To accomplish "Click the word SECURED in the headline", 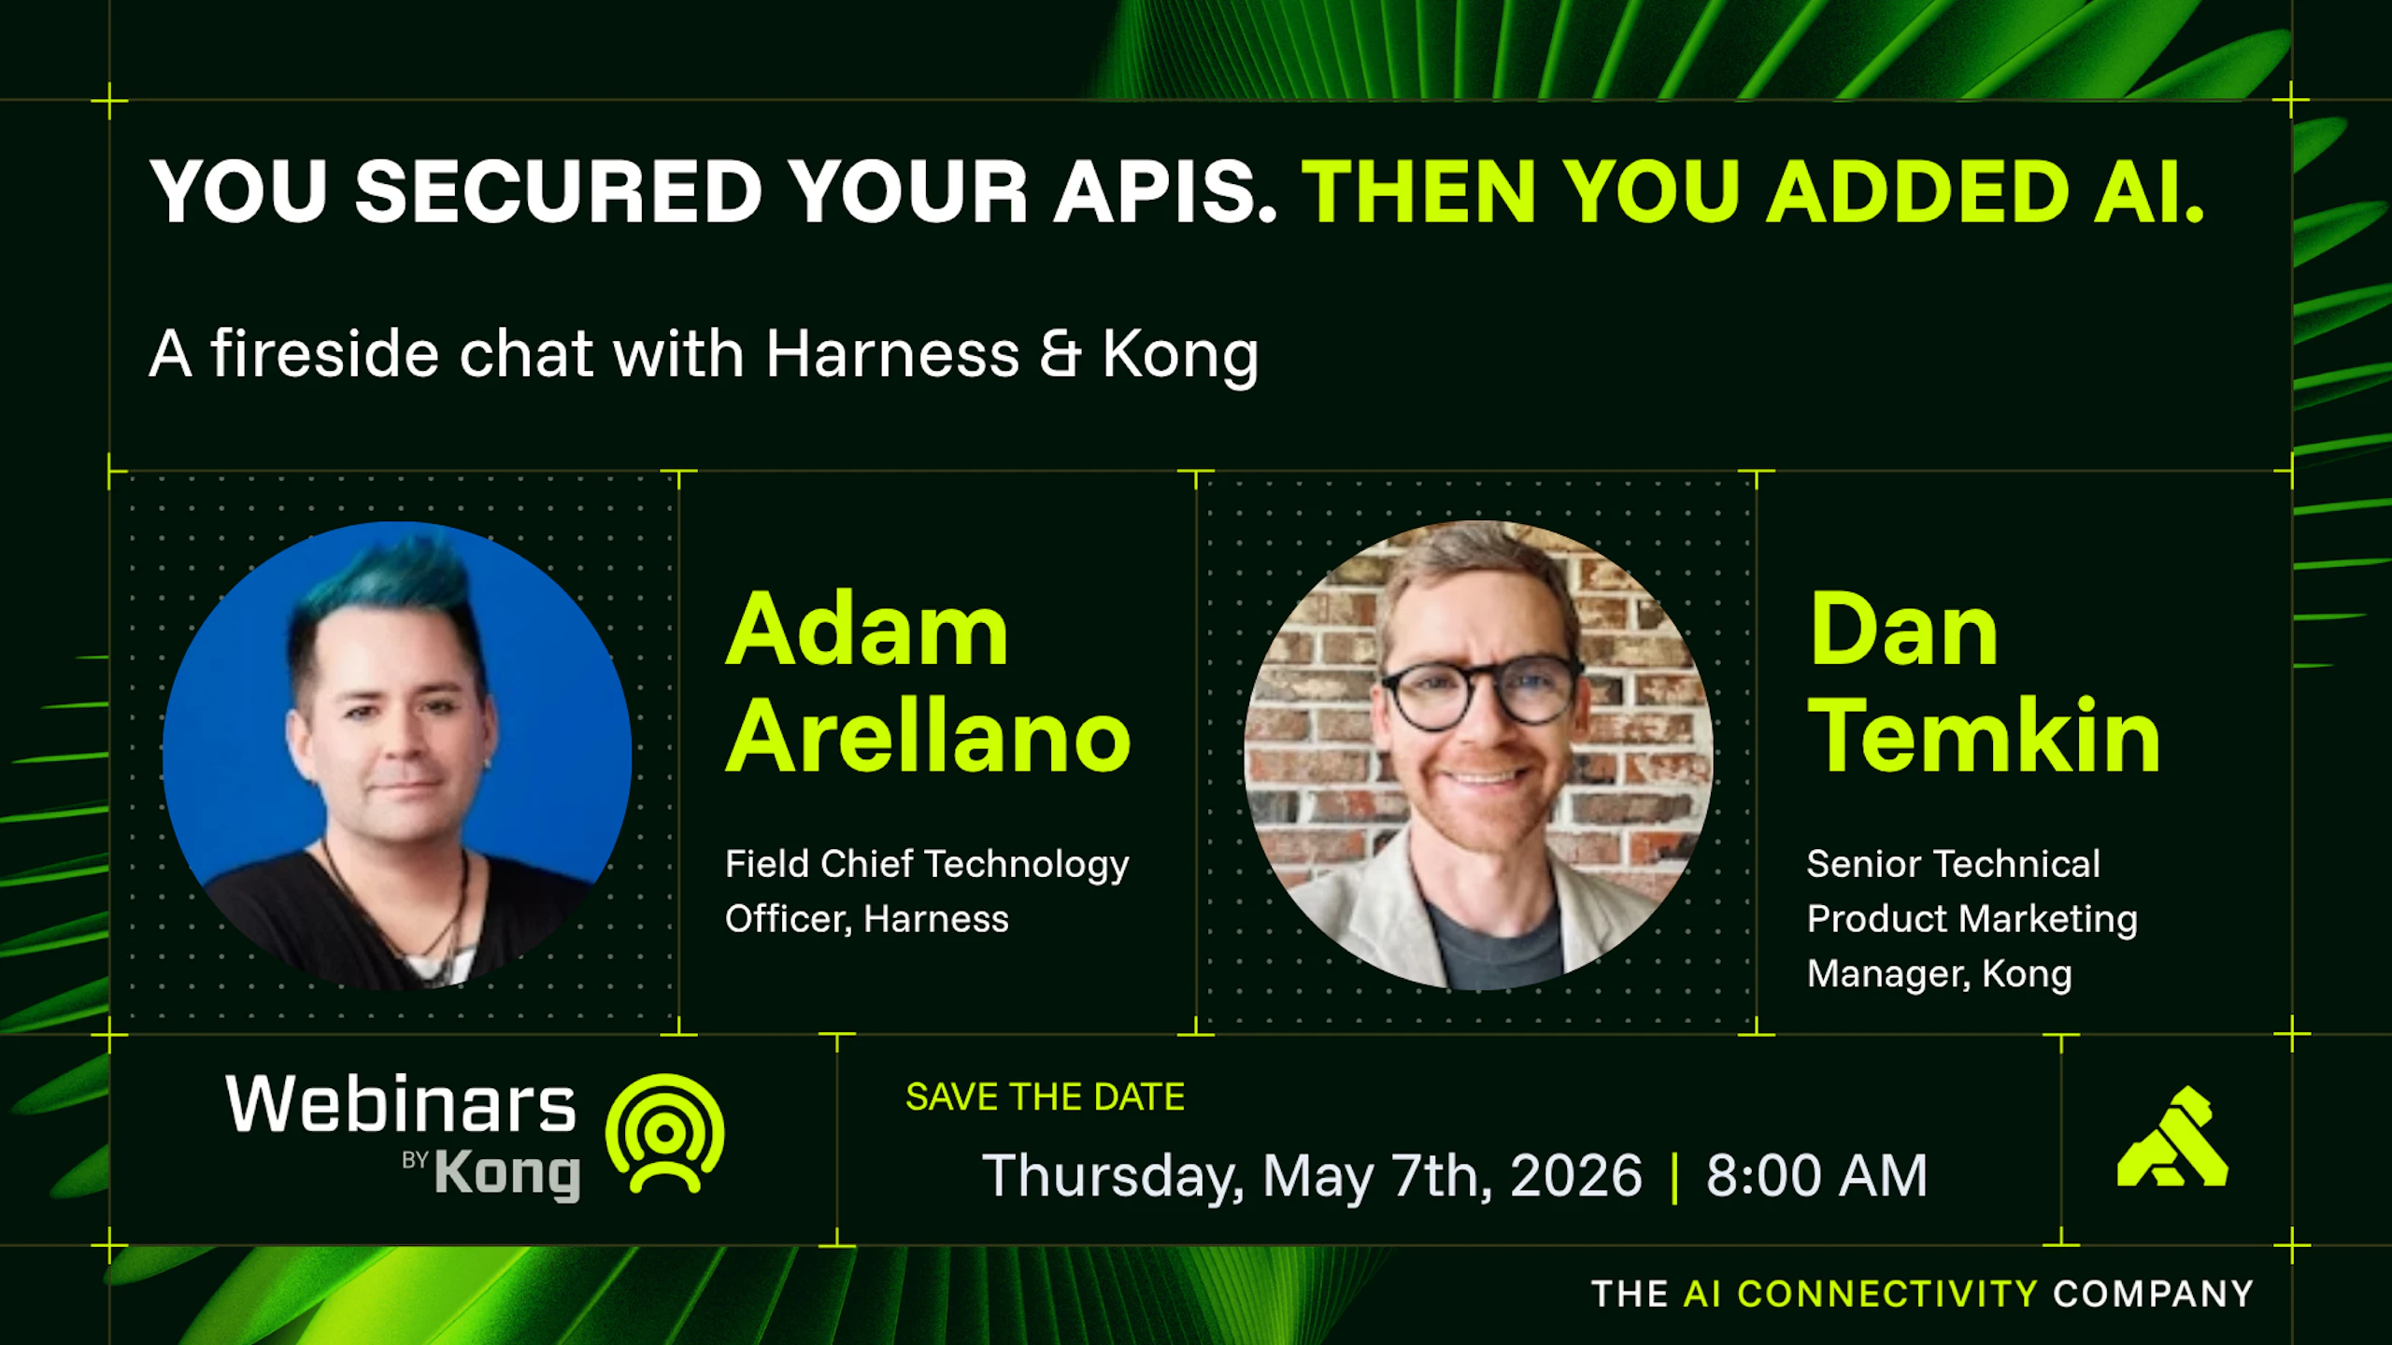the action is tap(559, 191).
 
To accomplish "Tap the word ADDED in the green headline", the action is tap(1917, 191).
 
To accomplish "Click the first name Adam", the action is tap(867, 631).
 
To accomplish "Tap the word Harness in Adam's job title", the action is tap(936, 919).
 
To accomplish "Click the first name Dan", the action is tap(1903, 631).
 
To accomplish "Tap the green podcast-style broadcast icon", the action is tap(665, 1133).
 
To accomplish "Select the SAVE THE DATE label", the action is tap(1045, 1097).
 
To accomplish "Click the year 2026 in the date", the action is tap(1576, 1175).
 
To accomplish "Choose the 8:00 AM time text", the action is tap(1817, 1175).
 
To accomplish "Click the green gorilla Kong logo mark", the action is tap(2173, 1137).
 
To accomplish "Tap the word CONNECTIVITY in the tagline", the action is tap(1887, 1295).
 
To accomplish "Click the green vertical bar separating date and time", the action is tap(1674, 1177).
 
